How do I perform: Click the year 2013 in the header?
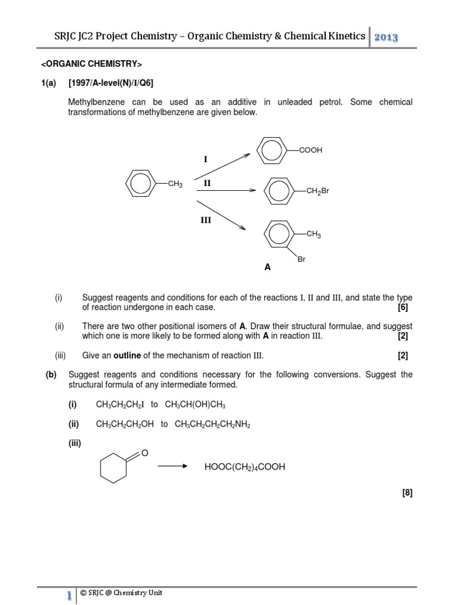pos(385,37)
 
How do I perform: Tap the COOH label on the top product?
pos(310,151)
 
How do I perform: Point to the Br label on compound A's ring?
pos(301,259)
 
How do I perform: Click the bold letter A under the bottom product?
pos(267,267)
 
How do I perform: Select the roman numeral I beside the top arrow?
pos(206,160)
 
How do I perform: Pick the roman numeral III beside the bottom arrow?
pos(205,219)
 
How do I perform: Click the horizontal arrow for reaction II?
pos(225,190)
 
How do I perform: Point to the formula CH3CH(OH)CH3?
pos(195,404)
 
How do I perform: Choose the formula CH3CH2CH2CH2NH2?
pos(212,424)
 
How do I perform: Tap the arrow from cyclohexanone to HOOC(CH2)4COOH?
pos(172,467)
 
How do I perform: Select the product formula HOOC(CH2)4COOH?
pos(244,467)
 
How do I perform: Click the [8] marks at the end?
pos(406,493)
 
